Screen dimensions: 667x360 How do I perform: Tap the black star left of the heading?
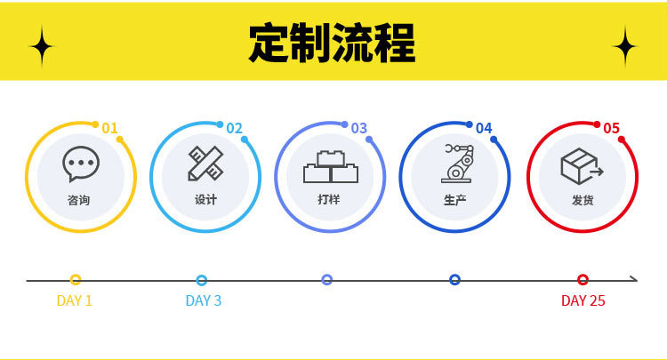click(x=41, y=46)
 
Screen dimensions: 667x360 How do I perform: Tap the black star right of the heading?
click(x=625, y=46)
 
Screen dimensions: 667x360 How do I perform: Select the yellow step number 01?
click(x=109, y=128)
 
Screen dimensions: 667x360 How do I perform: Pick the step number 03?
click(x=358, y=128)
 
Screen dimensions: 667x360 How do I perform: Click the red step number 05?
click(x=611, y=128)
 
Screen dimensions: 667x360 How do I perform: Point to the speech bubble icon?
click(x=80, y=164)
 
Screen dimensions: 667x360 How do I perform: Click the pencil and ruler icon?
click(x=205, y=164)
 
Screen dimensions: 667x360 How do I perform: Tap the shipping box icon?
click(x=582, y=165)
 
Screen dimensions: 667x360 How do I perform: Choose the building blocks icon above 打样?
click(x=330, y=166)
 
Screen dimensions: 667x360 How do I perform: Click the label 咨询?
click(x=78, y=200)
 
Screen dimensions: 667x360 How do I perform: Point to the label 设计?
click(x=205, y=200)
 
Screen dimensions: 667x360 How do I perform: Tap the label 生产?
click(x=454, y=200)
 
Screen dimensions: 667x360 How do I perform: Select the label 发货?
click(x=583, y=200)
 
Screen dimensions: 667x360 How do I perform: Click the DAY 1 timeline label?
click(x=75, y=300)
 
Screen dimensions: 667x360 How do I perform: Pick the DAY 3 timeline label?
click(x=204, y=300)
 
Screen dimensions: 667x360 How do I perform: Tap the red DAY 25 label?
click(x=583, y=300)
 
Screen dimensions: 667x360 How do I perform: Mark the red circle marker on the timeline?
click(x=583, y=279)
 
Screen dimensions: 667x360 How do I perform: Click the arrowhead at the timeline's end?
click(x=633, y=279)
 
